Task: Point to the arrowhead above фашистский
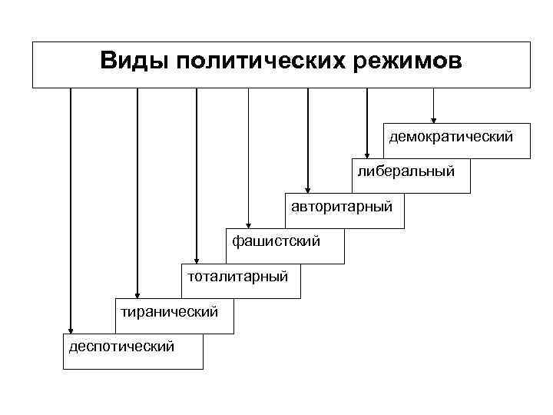[248, 224]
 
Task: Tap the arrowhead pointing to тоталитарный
[197, 260]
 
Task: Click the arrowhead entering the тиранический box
[137, 294]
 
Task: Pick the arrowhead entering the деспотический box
[71, 330]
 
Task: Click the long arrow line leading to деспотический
[71, 207]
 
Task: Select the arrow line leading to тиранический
[137, 192]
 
